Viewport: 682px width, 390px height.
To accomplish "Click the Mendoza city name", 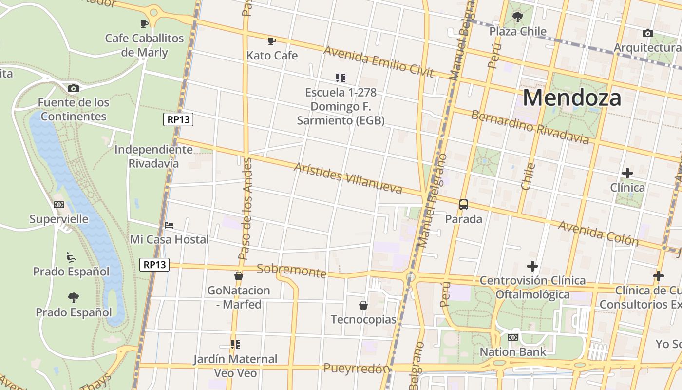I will [x=572, y=98].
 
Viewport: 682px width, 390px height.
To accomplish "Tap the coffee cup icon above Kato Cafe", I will [x=272, y=41].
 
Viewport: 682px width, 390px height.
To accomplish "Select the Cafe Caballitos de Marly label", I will [x=144, y=45].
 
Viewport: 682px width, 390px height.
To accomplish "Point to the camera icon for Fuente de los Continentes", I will [x=74, y=88].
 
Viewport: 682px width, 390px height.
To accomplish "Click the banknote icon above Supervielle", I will [x=59, y=205].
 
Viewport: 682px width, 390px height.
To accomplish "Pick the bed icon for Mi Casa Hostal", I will [x=169, y=225].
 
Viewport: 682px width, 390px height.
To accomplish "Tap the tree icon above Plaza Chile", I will [x=518, y=18].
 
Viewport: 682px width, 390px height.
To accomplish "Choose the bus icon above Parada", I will [x=463, y=205].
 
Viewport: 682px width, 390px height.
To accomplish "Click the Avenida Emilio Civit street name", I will [x=378, y=61].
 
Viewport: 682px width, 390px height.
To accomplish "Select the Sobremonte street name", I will [x=291, y=271].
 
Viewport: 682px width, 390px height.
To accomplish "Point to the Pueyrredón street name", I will [x=357, y=369].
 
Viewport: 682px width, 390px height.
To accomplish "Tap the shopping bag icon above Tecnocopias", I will [x=363, y=306].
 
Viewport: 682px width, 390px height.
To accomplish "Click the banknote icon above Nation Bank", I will [x=512, y=337].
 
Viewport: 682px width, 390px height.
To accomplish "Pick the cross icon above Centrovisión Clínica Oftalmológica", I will [x=532, y=266].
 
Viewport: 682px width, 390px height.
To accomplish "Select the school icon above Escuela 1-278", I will [x=341, y=78].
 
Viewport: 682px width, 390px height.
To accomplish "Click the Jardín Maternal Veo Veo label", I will [x=235, y=366].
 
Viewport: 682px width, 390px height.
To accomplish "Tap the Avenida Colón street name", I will [x=598, y=233].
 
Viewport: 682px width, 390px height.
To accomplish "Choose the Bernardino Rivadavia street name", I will [x=530, y=127].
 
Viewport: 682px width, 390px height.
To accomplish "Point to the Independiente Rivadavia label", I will [x=153, y=156].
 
